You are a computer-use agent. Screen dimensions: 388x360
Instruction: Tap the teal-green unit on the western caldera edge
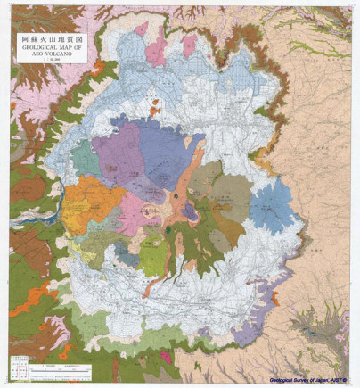(85, 158)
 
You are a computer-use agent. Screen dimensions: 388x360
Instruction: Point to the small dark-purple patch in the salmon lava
(190, 211)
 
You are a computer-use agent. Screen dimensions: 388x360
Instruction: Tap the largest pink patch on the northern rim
(155, 50)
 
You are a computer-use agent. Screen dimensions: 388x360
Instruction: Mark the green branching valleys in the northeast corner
(321, 36)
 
